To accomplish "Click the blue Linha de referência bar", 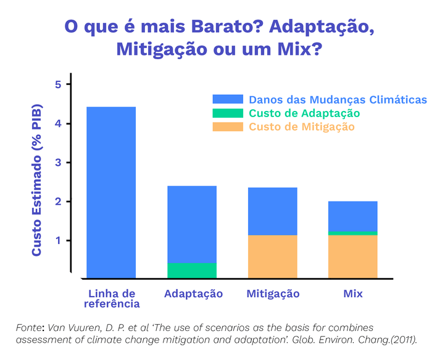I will click(111, 192).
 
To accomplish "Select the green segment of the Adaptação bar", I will click(192, 271).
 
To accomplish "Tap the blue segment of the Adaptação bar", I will click(192, 224).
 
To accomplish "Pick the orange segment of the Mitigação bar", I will click(272, 256).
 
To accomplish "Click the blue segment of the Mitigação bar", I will click(272, 211).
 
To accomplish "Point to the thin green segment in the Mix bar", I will click(352, 233).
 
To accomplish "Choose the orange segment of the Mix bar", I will click(352, 256).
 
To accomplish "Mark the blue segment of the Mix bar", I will click(352, 216).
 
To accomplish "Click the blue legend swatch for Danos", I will click(228, 99).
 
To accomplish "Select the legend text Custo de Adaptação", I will click(304, 113).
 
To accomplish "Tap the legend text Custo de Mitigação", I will click(302, 127).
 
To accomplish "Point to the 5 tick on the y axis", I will click(58, 84).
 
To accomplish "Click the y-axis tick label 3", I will click(58, 163).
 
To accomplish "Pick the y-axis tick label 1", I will click(58, 240).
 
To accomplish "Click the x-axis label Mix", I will click(352, 293).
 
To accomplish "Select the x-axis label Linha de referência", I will click(111, 298).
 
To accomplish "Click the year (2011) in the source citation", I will click(401, 339).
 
